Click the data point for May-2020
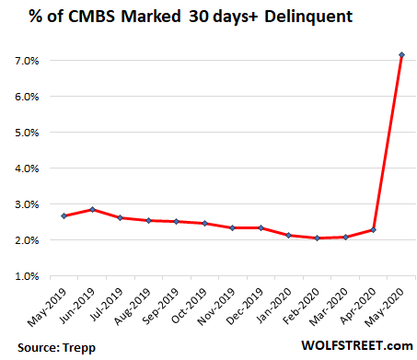(x=401, y=55)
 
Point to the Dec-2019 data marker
(x=261, y=227)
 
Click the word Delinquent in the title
(x=277, y=18)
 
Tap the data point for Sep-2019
(x=175, y=221)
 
